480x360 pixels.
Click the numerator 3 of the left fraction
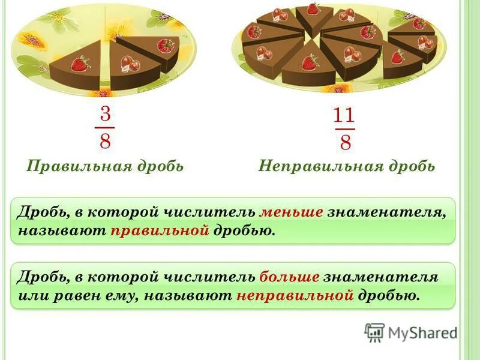coord(105,115)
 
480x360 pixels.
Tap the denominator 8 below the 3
coord(105,142)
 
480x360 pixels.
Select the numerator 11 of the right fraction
coord(345,115)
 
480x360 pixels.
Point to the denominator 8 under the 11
coord(345,143)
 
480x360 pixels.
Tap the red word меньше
coord(291,212)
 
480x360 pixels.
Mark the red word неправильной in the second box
coord(294,295)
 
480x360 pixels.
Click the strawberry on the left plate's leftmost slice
coord(80,63)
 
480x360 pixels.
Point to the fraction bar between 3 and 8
coord(105,128)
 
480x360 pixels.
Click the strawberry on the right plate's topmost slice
coord(313,10)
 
